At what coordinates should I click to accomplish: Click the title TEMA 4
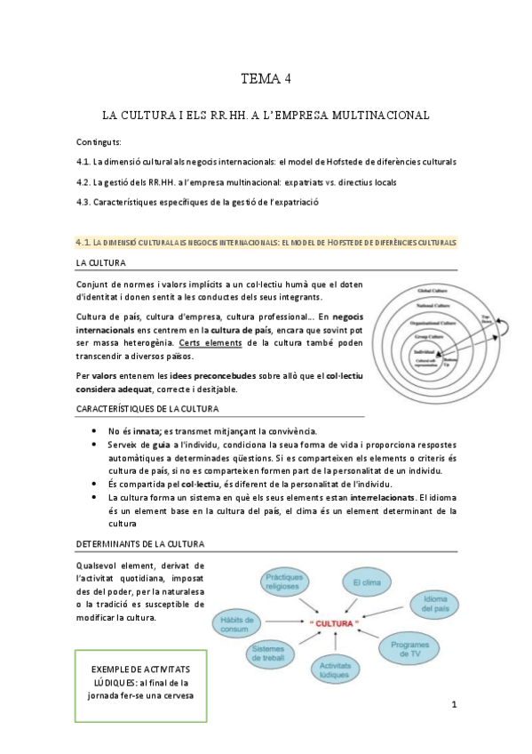(x=266, y=79)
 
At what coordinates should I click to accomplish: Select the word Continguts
(x=99, y=142)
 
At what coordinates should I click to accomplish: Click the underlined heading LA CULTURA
(x=100, y=263)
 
